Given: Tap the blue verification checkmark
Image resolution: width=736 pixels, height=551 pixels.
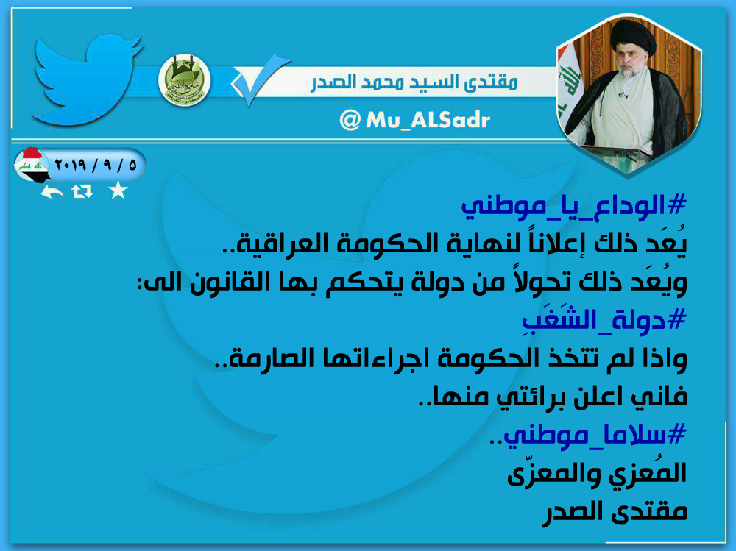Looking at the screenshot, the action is (260, 79).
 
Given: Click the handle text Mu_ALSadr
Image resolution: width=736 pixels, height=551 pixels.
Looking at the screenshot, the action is (428, 120).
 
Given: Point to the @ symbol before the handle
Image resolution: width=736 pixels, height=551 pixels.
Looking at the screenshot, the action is (350, 120).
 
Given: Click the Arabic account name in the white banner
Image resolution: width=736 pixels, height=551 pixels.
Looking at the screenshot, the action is (414, 82).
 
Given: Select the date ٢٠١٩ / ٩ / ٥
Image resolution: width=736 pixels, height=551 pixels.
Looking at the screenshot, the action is (96, 165).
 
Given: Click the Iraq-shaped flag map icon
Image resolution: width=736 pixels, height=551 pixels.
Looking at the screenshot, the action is (31, 166).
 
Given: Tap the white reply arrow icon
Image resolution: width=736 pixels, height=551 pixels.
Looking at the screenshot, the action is (52, 191).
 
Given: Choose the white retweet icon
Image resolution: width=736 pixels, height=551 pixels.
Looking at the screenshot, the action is (82, 191).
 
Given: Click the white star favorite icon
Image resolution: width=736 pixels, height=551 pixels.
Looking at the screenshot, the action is (118, 191).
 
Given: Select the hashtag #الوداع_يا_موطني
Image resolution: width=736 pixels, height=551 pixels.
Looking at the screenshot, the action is (574, 207).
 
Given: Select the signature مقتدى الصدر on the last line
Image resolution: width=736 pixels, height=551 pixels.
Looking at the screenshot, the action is (615, 511).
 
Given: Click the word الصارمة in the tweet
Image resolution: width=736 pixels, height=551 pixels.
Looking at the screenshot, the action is (268, 359).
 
